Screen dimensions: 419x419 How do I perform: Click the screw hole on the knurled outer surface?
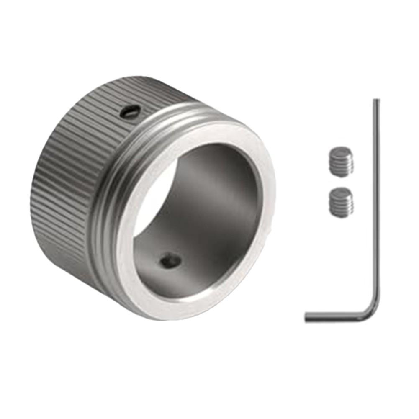[130, 112]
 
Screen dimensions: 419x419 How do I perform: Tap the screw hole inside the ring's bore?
[171, 262]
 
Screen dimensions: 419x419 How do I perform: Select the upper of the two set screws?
[341, 162]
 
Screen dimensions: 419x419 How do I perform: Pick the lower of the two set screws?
[341, 202]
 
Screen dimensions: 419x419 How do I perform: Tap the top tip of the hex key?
[376, 101]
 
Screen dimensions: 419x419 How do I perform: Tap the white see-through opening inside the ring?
[151, 197]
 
